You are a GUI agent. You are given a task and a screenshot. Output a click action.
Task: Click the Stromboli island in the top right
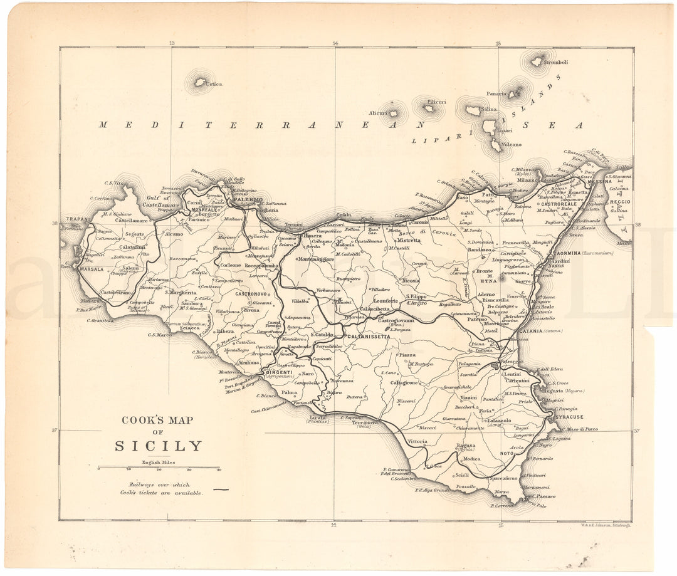(537, 61)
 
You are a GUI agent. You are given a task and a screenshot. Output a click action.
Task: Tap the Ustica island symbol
(201, 82)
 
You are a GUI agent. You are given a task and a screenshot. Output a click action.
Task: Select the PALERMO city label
(248, 200)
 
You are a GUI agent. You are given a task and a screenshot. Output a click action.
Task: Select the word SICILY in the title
(159, 446)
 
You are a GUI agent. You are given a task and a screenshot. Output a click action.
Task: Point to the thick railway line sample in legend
(221, 488)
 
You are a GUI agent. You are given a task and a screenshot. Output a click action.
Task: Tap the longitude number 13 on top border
(171, 43)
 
